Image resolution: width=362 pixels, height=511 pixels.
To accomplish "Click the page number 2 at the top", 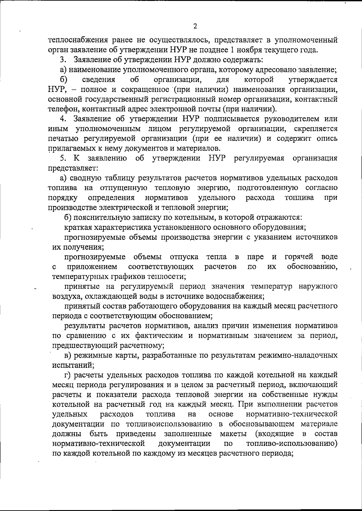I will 195,26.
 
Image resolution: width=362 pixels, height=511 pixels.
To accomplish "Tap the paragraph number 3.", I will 62,60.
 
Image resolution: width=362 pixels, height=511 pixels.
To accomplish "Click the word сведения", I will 99,80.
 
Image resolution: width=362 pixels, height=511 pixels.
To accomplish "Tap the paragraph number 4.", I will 63,119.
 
